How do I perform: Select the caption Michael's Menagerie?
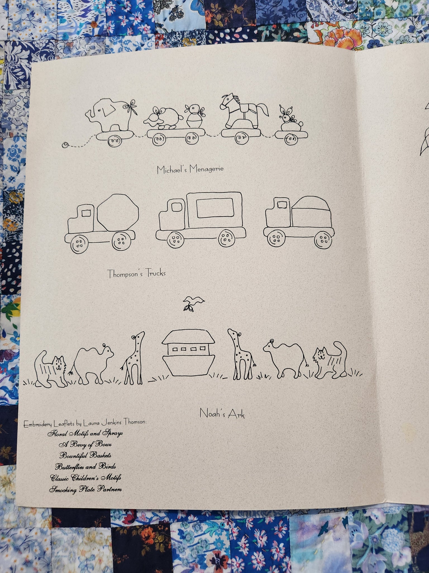pyautogui.click(x=190, y=170)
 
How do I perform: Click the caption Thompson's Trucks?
pyautogui.click(x=137, y=273)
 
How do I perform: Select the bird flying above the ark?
pyautogui.click(x=193, y=303)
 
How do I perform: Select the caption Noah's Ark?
pyautogui.click(x=222, y=413)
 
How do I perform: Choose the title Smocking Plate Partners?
pyautogui.click(x=85, y=489)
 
